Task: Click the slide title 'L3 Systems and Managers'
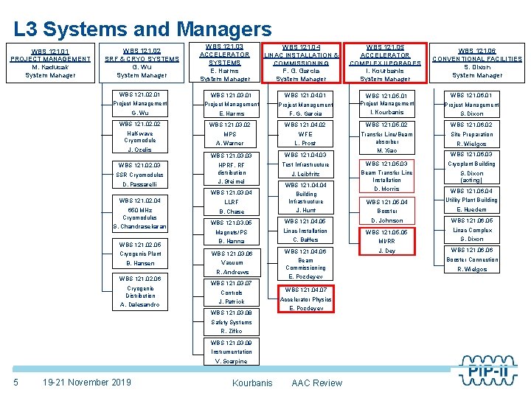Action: click(142, 29)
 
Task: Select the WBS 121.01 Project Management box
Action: click(50, 63)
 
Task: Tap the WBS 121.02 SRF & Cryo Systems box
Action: click(142, 63)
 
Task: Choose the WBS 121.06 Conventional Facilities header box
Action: click(477, 63)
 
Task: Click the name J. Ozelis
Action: click(139, 150)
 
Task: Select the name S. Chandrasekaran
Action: click(139, 226)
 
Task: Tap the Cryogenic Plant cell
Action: click(139, 254)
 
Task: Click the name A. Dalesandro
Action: click(139, 304)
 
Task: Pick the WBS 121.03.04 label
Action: click(232, 192)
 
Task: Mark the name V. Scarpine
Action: click(232, 361)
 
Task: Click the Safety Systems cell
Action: click(232, 322)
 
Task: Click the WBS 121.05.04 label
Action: click(387, 202)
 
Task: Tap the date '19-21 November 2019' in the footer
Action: click(87, 382)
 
